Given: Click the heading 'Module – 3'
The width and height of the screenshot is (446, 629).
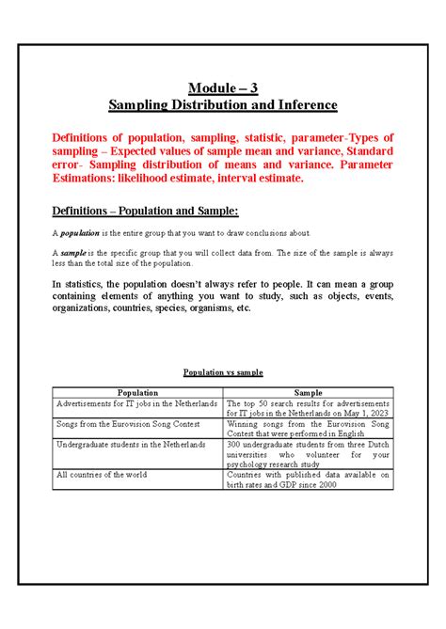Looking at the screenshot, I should pos(222,88).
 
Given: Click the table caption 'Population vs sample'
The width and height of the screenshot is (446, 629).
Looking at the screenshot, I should pos(222,373).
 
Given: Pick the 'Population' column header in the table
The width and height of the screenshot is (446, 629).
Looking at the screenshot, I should pos(137,392).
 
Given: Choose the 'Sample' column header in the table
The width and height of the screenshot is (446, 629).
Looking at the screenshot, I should pos(309,392).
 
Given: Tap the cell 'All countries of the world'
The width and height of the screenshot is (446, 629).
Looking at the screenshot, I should pos(102,475).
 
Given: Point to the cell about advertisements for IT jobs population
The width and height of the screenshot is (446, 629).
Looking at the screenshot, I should pos(136,402).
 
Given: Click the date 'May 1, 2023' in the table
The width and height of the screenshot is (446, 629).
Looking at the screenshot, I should pos(365,413).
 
